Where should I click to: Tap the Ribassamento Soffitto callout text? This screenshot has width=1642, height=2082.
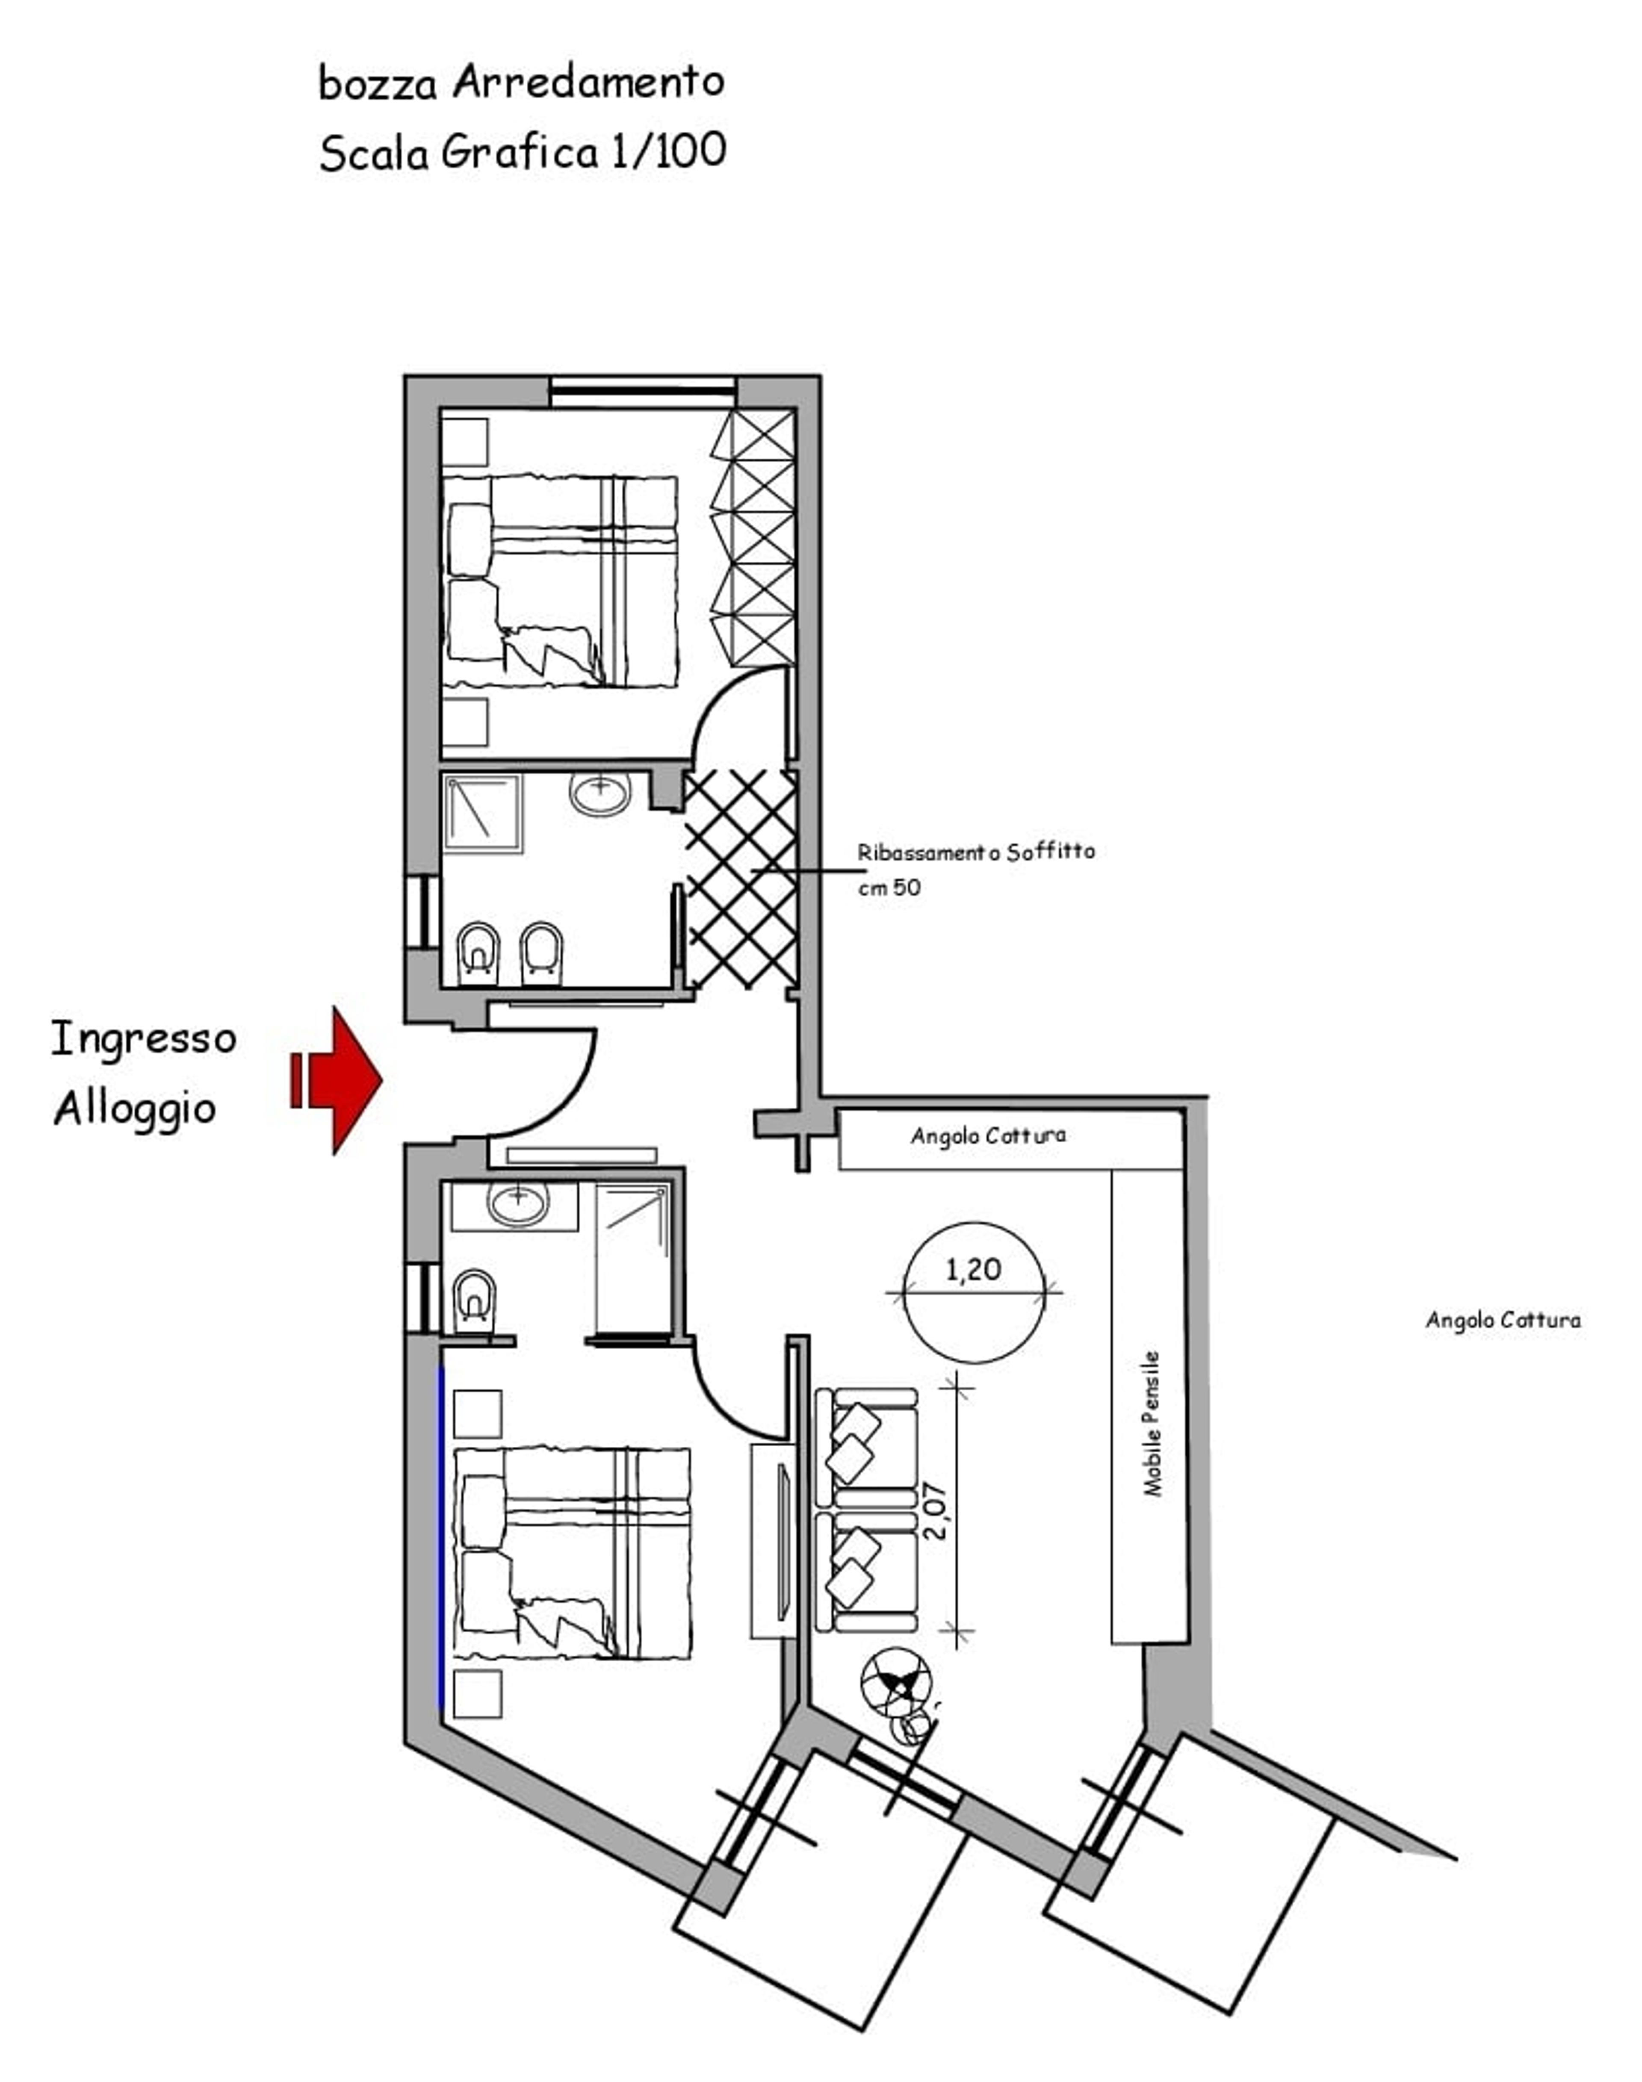tap(976, 852)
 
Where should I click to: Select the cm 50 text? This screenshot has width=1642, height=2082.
tap(889, 887)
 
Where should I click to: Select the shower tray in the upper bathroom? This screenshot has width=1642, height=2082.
tap(483, 813)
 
